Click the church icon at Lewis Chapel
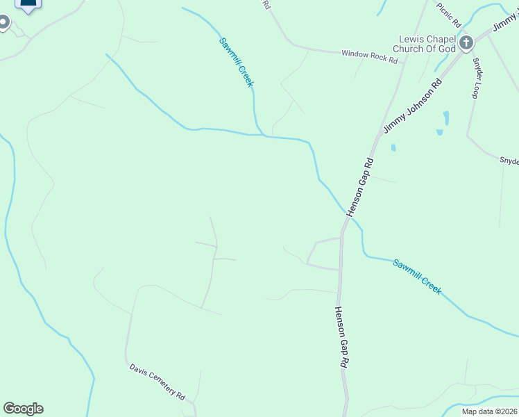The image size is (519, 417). click(x=466, y=43)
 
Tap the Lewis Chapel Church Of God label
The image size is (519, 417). click(x=426, y=44)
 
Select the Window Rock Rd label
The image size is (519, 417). click(x=369, y=56)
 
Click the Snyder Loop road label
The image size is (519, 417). click(x=477, y=77)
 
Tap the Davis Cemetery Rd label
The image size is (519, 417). click(x=157, y=381)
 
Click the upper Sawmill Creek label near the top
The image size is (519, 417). click(x=237, y=62)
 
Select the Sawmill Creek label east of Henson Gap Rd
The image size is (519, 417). click(x=416, y=277)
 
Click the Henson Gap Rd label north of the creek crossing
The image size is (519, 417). click(x=361, y=186)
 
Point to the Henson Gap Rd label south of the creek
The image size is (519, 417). click(x=341, y=338)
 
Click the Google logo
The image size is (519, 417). click(x=23, y=409)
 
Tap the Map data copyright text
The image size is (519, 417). click(x=490, y=411)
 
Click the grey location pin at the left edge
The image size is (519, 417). click(x=3, y=23)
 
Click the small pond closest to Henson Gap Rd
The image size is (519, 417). click(x=393, y=148)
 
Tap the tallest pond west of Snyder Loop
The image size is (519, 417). click(x=445, y=118)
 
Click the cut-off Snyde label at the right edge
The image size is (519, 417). click(x=509, y=161)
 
